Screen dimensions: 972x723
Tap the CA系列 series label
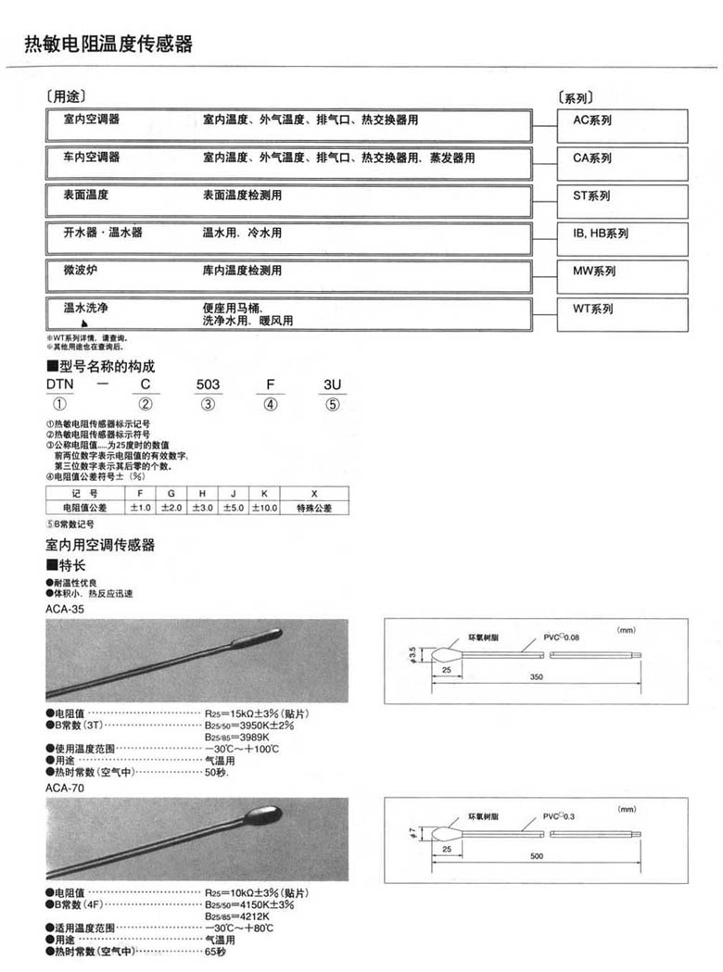(592, 159)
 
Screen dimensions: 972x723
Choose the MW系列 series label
(594, 271)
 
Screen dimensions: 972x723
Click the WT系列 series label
(593, 309)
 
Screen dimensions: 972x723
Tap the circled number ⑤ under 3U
(333, 404)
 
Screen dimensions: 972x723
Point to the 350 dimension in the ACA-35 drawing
(536, 677)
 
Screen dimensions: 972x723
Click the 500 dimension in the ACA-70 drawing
(536, 855)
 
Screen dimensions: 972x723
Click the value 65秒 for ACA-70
(215, 952)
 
